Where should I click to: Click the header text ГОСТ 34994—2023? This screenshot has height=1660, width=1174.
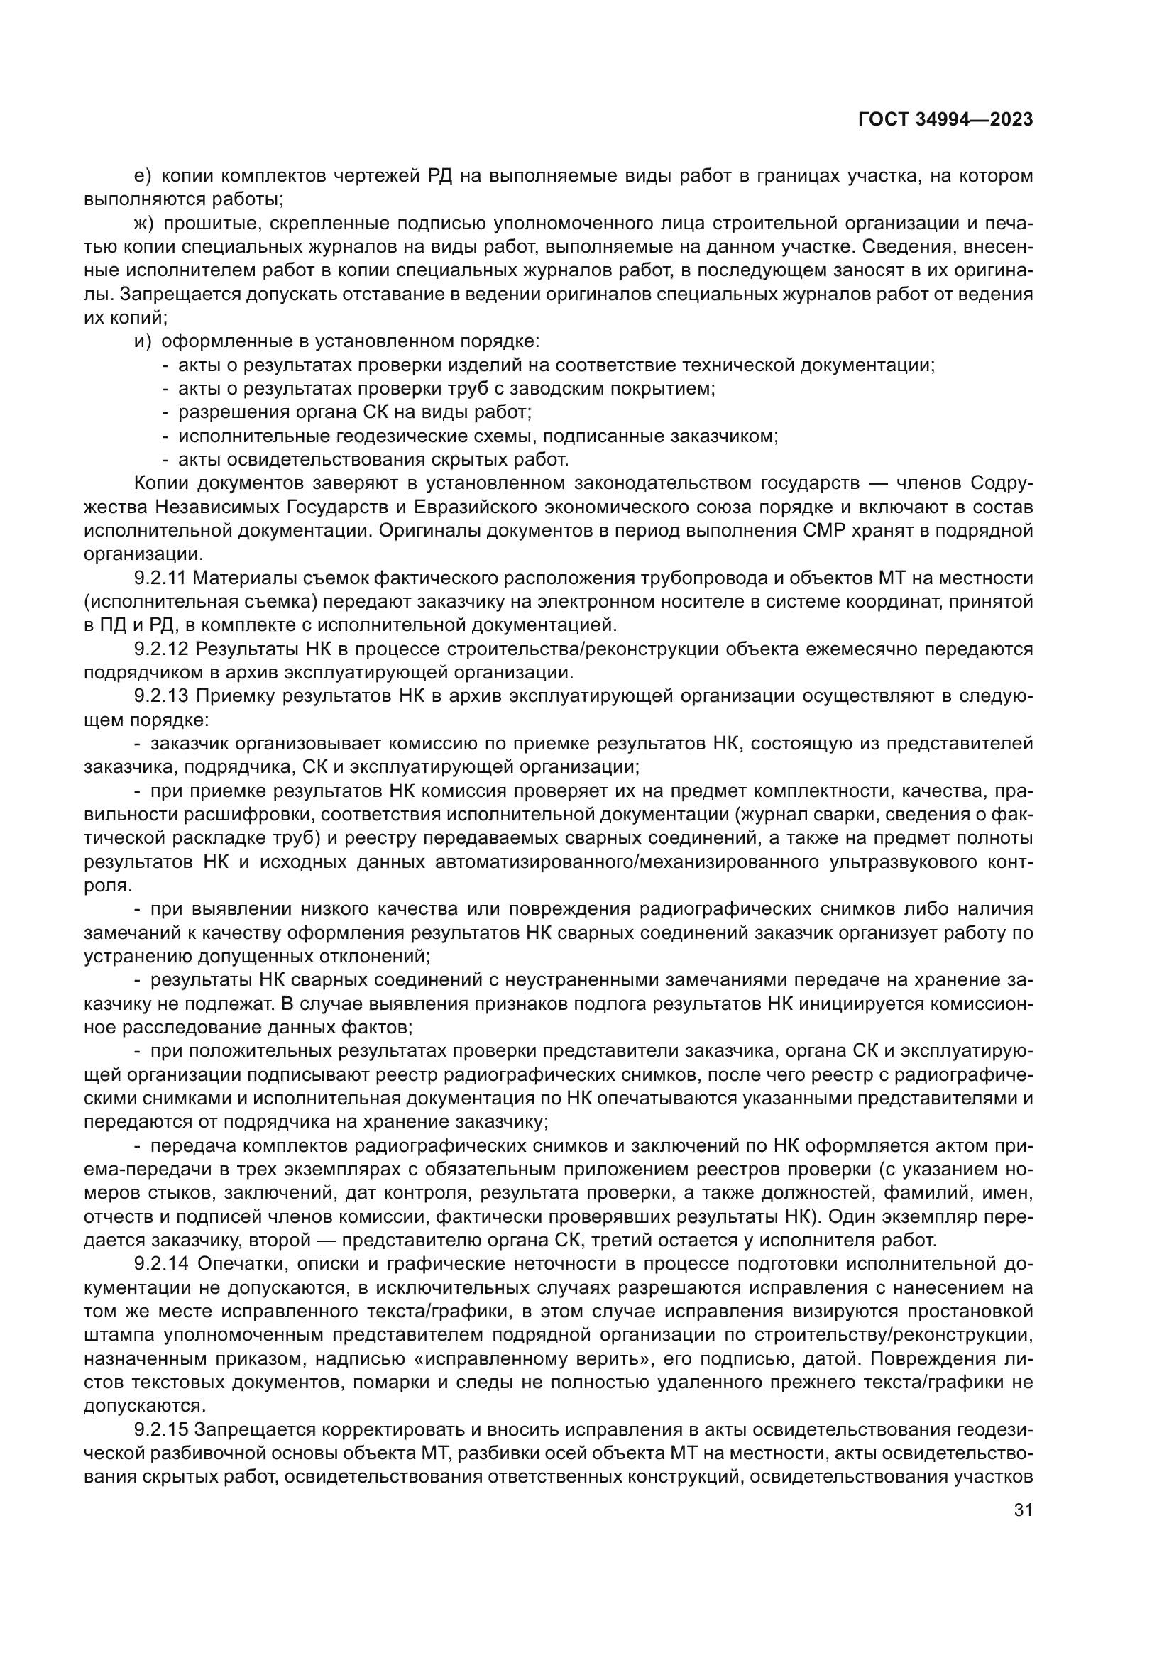(945, 120)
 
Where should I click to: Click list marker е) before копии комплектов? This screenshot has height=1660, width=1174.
(143, 176)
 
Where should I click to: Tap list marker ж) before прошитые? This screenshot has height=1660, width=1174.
(145, 224)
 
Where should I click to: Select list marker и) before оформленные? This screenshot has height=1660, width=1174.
(143, 341)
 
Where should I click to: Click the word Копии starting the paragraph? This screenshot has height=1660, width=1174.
(161, 483)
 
